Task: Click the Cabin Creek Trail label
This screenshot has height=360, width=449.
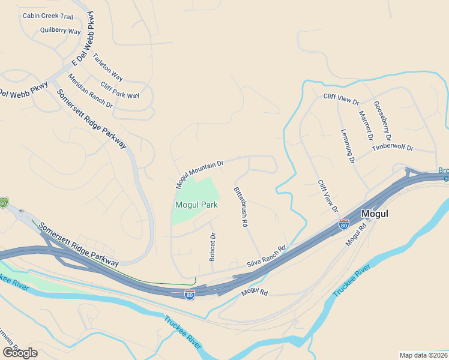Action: point(47,16)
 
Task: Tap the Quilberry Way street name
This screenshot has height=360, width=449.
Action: point(60,31)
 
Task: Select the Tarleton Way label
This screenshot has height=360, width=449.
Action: point(107,67)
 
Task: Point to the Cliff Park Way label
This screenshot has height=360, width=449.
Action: point(120,91)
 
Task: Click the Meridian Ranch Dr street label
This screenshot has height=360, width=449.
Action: point(90,91)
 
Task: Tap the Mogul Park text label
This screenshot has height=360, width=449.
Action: point(196,205)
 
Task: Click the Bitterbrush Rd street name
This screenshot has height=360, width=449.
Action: point(241,206)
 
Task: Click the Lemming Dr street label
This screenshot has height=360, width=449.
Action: point(348,146)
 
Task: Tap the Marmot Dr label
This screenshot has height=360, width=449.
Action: point(366,125)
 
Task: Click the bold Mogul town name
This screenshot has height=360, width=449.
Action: point(375,214)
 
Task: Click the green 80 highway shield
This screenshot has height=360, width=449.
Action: point(4,203)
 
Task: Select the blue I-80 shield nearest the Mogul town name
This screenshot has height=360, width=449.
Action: point(343,224)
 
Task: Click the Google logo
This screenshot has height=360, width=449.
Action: point(19,353)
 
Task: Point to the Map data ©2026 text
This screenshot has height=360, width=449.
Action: point(423,355)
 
